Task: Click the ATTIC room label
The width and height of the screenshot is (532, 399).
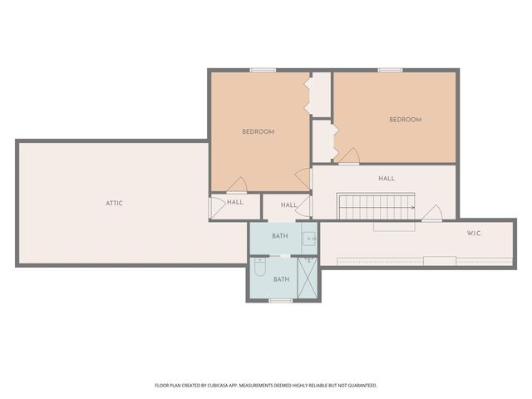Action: click(x=114, y=203)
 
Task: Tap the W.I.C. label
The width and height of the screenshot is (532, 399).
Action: click(x=474, y=233)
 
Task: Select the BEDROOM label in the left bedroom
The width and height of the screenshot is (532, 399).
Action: click(x=258, y=131)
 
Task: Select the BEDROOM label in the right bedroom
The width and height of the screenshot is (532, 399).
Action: click(x=405, y=120)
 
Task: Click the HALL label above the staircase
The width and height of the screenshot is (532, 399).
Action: click(x=387, y=178)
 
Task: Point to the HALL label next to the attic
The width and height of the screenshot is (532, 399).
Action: click(x=235, y=201)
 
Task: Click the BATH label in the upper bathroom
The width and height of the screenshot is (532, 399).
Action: click(x=279, y=236)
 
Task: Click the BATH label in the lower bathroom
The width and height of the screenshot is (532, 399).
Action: click(x=281, y=279)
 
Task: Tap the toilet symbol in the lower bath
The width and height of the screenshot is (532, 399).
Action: click(x=259, y=268)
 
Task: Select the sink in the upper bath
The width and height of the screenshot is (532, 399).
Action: click(x=309, y=238)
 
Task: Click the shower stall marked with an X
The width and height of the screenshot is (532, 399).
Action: click(x=308, y=278)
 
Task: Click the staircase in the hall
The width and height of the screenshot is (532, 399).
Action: click(x=376, y=206)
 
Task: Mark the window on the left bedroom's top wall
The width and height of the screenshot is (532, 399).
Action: click(x=263, y=70)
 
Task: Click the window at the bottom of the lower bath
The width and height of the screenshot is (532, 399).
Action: click(x=281, y=301)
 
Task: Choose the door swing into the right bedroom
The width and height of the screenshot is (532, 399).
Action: click(x=348, y=156)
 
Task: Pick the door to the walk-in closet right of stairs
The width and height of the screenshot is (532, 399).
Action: click(x=431, y=214)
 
